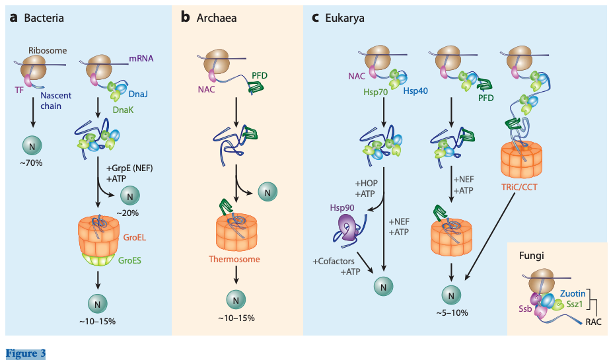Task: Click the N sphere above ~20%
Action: click(129, 195)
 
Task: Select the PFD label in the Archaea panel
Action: click(260, 76)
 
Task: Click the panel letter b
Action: click(185, 17)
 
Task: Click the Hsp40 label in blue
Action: click(415, 90)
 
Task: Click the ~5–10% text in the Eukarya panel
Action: click(451, 312)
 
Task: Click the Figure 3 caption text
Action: click(26, 354)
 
